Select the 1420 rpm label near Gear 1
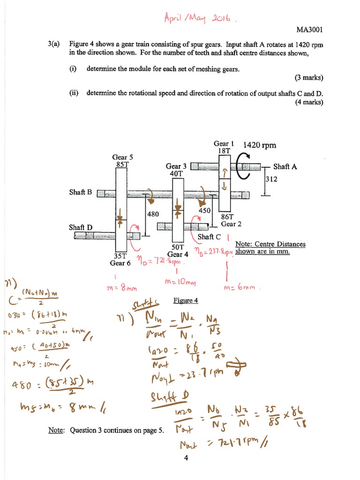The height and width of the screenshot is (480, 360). click(x=260, y=145)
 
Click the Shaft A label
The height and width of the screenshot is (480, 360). click(x=287, y=166)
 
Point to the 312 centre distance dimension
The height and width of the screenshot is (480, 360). click(x=271, y=179)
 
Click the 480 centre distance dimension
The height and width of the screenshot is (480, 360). click(x=153, y=214)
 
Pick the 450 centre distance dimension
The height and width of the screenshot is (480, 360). click(x=205, y=211)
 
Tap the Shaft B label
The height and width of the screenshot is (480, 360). click(x=81, y=192)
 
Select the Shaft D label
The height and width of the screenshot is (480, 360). click(x=81, y=227)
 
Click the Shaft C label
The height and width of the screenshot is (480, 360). click(x=209, y=237)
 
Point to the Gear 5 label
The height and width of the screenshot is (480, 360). click(x=123, y=157)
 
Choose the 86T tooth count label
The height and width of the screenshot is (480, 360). click(x=227, y=217)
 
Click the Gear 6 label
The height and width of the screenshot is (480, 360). click(x=120, y=263)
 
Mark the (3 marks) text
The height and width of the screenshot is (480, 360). click(x=309, y=77)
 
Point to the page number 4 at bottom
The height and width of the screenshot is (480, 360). click(x=186, y=458)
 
